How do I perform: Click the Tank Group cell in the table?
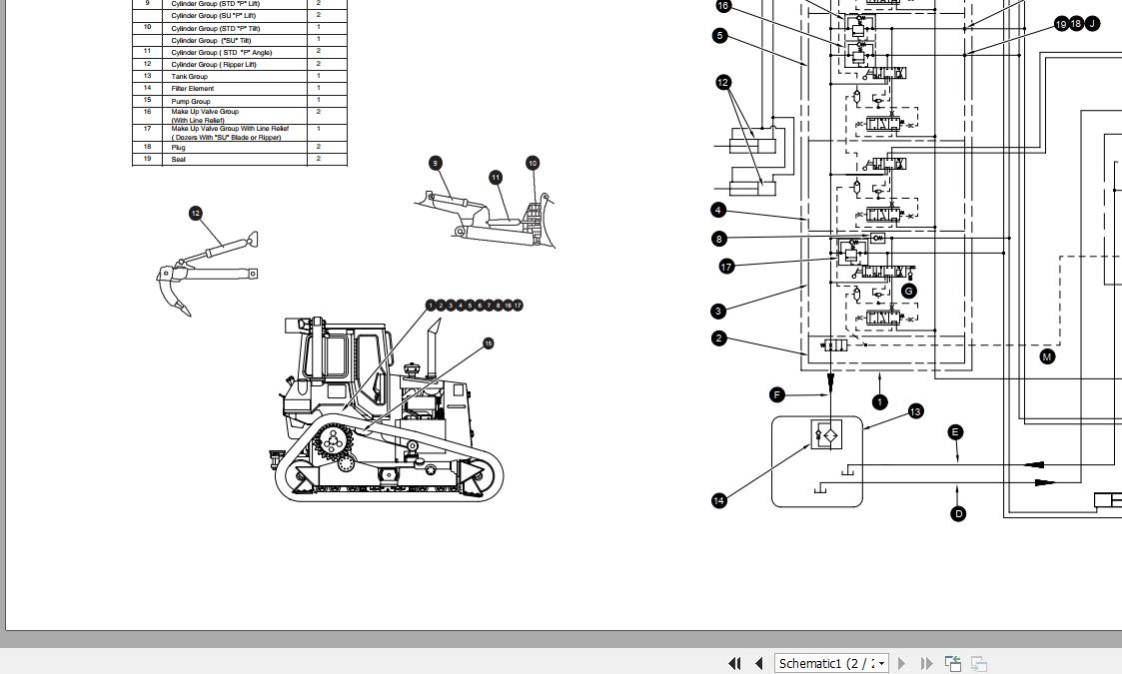click(x=190, y=77)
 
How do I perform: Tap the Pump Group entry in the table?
click(x=191, y=101)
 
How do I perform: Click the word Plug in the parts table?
click(x=179, y=148)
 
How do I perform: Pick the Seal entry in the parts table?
click(x=179, y=160)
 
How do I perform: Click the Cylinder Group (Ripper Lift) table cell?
click(x=214, y=65)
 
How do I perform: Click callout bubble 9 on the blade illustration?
click(x=435, y=163)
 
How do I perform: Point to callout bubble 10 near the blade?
click(x=533, y=163)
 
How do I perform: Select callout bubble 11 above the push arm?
click(x=496, y=178)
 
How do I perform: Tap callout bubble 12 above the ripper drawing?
click(x=196, y=213)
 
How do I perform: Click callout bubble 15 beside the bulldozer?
click(x=488, y=343)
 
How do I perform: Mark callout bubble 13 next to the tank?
click(x=915, y=411)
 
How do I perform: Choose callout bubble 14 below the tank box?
click(x=719, y=500)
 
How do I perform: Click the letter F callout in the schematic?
click(x=778, y=394)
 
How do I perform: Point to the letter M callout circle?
click(x=1047, y=356)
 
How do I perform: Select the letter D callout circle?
click(x=958, y=514)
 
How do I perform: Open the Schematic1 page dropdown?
click(x=880, y=663)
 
